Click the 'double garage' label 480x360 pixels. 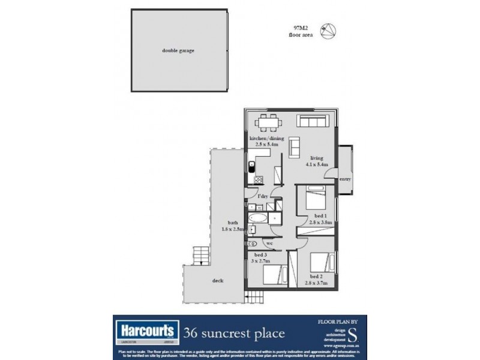(x=178, y=51)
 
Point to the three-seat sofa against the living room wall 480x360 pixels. (x=314, y=122)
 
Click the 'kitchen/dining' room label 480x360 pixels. (x=266, y=138)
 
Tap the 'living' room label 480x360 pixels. (x=308, y=159)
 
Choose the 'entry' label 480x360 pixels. (x=345, y=179)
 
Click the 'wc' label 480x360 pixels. (x=269, y=243)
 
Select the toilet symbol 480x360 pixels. (x=252, y=243)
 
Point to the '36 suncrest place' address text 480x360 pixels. (x=234, y=332)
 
